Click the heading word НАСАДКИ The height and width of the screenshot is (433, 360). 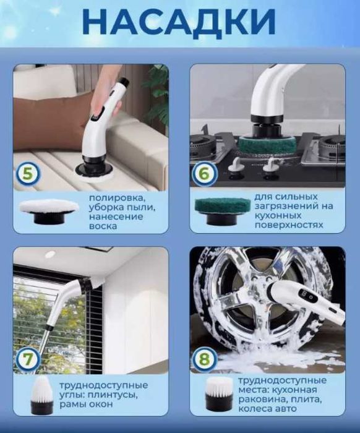tap(179, 21)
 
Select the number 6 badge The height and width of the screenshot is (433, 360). tap(204, 174)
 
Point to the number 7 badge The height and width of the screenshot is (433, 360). tap(28, 359)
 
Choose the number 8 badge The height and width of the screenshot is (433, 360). tap(204, 359)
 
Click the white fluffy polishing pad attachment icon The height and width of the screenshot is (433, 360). tap(49, 212)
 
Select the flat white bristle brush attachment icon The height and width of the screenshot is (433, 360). tap(219, 395)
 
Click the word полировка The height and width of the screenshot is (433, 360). tap(117, 199)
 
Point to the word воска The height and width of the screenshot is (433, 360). tap(103, 226)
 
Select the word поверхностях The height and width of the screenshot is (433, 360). tap(289, 225)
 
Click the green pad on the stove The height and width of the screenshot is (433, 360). tap(267, 145)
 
